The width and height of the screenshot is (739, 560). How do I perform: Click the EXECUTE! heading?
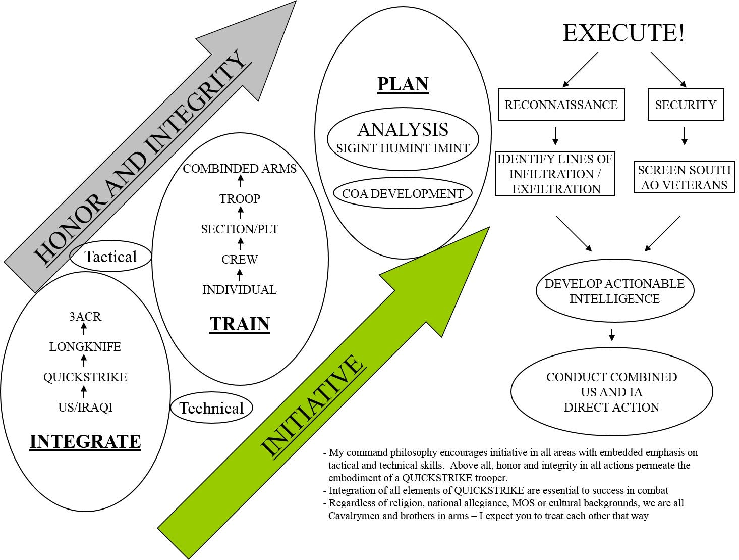[623, 33]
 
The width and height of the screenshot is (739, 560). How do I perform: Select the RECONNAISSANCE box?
[561, 105]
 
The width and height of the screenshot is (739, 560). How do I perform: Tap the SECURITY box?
[686, 105]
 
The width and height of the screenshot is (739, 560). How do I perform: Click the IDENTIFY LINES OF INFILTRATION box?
[555, 174]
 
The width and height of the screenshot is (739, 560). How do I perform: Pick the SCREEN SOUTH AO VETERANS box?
[684, 177]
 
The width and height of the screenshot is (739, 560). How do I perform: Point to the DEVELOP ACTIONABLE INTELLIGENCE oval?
[614, 291]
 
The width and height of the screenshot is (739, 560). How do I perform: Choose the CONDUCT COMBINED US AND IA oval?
[611, 392]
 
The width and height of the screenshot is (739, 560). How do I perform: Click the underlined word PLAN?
[403, 84]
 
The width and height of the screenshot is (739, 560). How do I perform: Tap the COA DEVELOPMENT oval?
[403, 193]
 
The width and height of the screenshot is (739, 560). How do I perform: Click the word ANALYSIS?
[403, 130]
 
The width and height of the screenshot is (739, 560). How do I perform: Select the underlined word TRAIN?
[240, 324]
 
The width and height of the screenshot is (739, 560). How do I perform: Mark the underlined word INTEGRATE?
[85, 441]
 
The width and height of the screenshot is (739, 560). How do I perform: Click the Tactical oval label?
[111, 257]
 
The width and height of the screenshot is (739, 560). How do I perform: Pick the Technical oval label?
[211, 408]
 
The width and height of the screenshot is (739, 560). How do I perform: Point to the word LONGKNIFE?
[85, 347]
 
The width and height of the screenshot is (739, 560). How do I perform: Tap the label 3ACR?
[85, 317]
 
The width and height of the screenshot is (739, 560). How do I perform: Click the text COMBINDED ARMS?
[240, 169]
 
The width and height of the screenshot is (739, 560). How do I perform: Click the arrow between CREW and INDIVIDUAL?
[240, 275]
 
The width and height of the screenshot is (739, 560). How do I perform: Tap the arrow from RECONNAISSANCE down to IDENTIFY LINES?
[555, 135]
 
